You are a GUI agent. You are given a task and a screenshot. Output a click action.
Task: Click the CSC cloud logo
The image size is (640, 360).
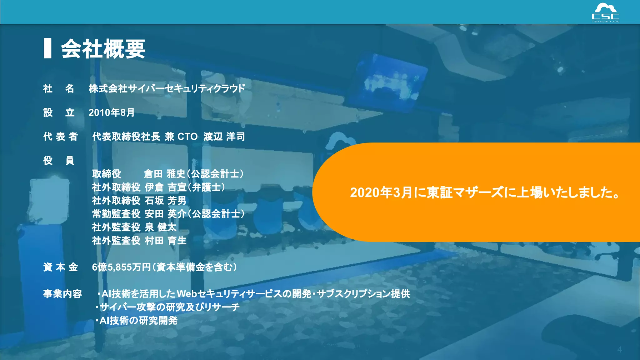coord(605,13)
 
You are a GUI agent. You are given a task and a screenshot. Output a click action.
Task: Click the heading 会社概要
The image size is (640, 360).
coord(103,49)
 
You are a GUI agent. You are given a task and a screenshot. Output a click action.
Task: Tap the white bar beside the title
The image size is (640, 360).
coord(47,48)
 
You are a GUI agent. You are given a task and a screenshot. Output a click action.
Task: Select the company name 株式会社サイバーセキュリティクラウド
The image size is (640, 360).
coord(167,89)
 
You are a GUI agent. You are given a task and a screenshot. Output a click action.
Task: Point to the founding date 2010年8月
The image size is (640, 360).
coord(112,112)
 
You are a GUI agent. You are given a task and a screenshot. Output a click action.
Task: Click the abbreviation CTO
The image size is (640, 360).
coord(187,137)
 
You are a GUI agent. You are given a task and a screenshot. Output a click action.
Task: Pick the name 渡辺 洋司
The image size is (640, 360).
coord(224,137)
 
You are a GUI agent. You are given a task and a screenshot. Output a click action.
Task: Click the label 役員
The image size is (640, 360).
coord(59,161)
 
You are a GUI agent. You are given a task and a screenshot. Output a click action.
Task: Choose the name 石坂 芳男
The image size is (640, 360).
coord(165,201)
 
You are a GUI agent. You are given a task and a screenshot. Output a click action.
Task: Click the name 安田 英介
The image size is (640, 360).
coord(165,214)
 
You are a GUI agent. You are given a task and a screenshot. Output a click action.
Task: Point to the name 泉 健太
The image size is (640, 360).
coord(161,227)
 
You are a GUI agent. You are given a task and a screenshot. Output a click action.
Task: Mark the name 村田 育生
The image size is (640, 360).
coord(165,241)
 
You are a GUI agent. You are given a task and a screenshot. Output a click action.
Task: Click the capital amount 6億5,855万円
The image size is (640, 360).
coord(122,267)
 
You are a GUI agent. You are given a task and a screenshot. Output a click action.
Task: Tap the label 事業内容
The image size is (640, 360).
coord(62,294)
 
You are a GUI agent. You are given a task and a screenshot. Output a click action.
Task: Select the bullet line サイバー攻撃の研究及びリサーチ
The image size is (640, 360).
coord(169,307)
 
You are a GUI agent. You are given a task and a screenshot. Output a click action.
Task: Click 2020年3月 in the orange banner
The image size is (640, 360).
coord(381,192)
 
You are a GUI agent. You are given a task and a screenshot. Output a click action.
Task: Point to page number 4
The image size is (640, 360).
coord(619,350)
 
